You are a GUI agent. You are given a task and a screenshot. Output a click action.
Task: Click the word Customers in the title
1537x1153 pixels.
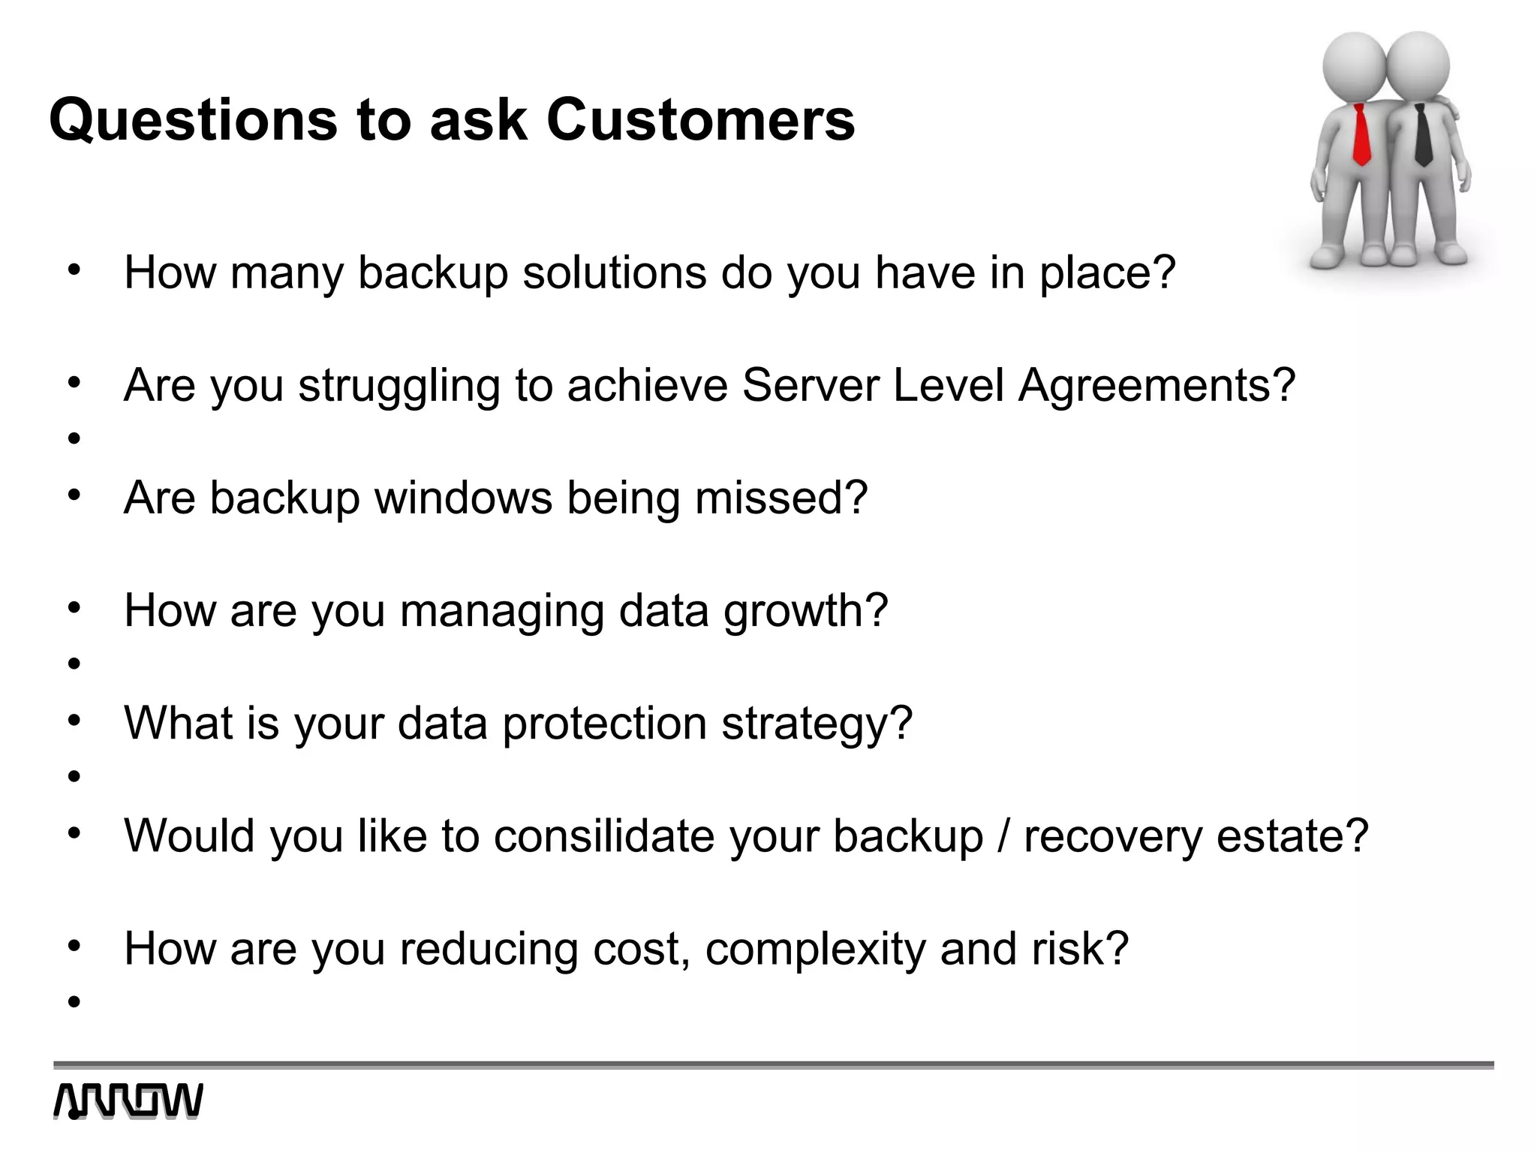point(700,120)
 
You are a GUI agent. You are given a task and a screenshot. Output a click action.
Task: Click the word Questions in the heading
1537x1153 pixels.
point(193,120)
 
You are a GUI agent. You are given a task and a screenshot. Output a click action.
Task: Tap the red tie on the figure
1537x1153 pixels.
point(1361,135)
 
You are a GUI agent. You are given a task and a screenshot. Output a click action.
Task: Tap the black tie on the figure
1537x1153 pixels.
point(1421,136)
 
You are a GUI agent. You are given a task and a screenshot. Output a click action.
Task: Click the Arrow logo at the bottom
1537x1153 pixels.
point(128,1101)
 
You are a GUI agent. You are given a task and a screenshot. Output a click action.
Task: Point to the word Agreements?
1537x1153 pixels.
point(1157,386)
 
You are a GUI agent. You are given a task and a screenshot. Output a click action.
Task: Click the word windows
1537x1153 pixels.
point(463,498)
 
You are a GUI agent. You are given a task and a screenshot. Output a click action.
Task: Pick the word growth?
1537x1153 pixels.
point(805,611)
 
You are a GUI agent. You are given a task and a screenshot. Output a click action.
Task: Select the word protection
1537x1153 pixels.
point(604,724)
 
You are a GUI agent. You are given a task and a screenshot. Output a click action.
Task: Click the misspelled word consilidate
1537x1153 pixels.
point(604,835)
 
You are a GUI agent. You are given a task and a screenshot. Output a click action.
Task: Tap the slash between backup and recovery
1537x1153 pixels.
point(1003,835)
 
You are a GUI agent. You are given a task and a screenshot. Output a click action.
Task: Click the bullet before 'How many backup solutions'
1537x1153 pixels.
point(74,269)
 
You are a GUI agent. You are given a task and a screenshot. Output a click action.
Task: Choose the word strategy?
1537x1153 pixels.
point(817,724)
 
